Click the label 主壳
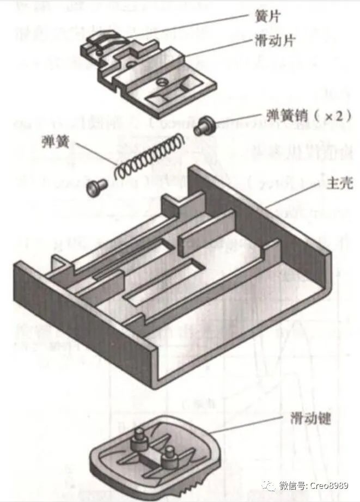[338, 184]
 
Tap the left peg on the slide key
[139, 436]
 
